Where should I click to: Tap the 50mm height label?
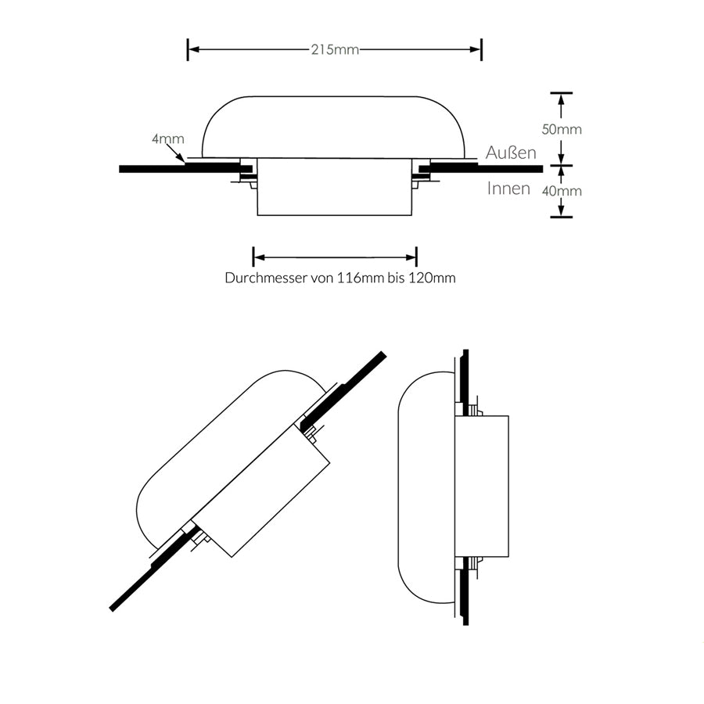point(563,129)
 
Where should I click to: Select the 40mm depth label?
point(563,190)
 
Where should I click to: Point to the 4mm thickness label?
point(168,139)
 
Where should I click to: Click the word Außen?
point(511,153)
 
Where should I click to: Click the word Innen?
point(508,189)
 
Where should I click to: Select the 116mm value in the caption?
point(360,278)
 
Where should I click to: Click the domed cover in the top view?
point(334,125)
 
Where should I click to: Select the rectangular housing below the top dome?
point(334,188)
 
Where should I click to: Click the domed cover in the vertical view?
point(426,485)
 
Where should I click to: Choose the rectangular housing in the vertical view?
point(482,485)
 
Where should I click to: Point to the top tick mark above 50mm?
point(561,93)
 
